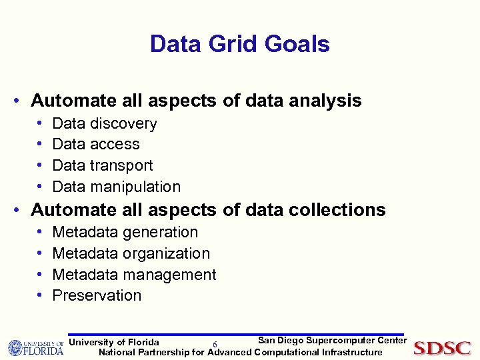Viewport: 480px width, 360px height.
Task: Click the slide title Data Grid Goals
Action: coord(239,44)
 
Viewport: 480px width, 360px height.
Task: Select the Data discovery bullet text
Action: coord(104,123)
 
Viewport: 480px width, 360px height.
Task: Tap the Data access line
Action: coord(95,144)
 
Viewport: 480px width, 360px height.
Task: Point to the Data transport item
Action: coord(102,165)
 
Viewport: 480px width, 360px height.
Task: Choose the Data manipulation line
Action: coord(116,187)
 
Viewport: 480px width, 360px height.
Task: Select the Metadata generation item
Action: coord(125,232)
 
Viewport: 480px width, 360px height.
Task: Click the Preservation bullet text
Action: coord(97,295)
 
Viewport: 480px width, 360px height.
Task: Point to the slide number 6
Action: coord(215,344)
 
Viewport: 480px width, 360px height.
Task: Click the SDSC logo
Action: coord(442,348)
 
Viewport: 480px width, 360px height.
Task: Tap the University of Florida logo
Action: coord(35,348)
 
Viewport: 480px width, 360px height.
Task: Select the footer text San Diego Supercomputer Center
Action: coord(332,341)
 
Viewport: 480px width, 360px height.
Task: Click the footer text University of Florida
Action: coord(114,343)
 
